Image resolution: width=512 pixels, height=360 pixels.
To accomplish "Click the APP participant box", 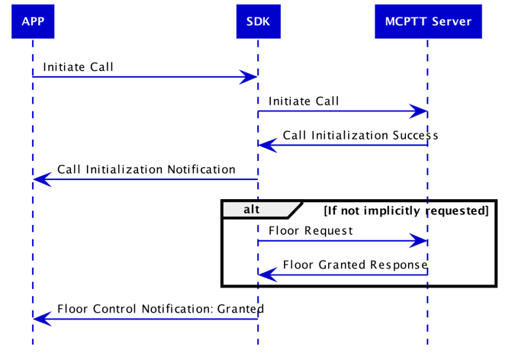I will pos(33,21).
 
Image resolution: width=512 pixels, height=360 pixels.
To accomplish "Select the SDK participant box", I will pos(258,21).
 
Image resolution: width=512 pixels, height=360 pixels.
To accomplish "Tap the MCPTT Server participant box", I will pos(427,21).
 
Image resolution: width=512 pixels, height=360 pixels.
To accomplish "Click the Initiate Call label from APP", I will pos(78,67).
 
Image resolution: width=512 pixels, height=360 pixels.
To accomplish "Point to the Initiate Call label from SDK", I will pos(304,101).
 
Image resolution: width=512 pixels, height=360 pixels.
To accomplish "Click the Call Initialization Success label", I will pos(360,136).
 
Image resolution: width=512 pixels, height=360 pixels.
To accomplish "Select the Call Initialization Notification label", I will pos(146,169).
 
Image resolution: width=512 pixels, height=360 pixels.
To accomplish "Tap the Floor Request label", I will pos(311,230).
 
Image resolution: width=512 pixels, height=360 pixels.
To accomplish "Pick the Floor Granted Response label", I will pos(355,265).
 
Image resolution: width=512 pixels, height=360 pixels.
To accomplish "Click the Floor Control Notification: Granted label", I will pos(160,309).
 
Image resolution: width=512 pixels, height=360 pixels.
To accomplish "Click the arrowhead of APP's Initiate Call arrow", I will pos(249,77).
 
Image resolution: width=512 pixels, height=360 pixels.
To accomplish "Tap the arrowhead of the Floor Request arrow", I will pos(419,241).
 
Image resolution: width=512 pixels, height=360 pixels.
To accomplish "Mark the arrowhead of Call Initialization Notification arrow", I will pos(42,180).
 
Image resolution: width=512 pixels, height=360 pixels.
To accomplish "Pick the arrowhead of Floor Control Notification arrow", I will pos(42,320).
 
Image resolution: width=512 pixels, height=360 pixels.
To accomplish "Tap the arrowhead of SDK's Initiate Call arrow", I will pos(419,112).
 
